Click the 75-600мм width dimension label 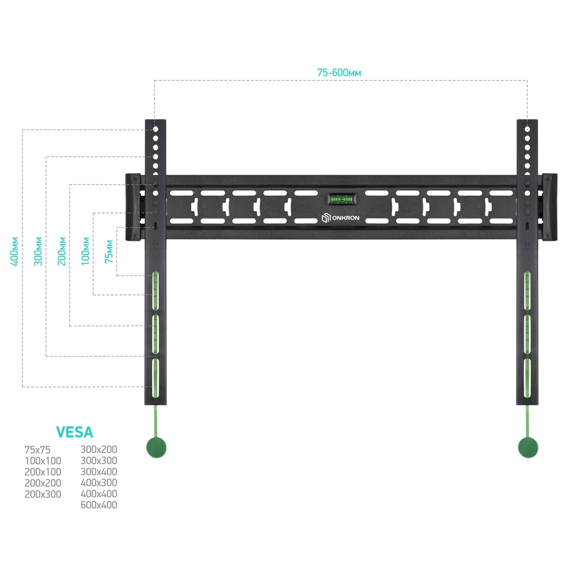(339, 72)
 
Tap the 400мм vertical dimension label (14, 251)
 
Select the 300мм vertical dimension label (38, 251)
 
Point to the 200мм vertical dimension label (62, 251)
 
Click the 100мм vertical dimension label (86, 251)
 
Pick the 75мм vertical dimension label (109, 251)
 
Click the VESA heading (75, 432)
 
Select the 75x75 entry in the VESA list (37, 450)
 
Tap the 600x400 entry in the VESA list (99, 505)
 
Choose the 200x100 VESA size (43, 472)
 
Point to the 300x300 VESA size (99, 460)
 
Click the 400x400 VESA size (99, 494)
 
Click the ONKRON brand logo (340, 218)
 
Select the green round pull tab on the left (156, 448)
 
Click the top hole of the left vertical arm (156, 129)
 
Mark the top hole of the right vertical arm (527, 129)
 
